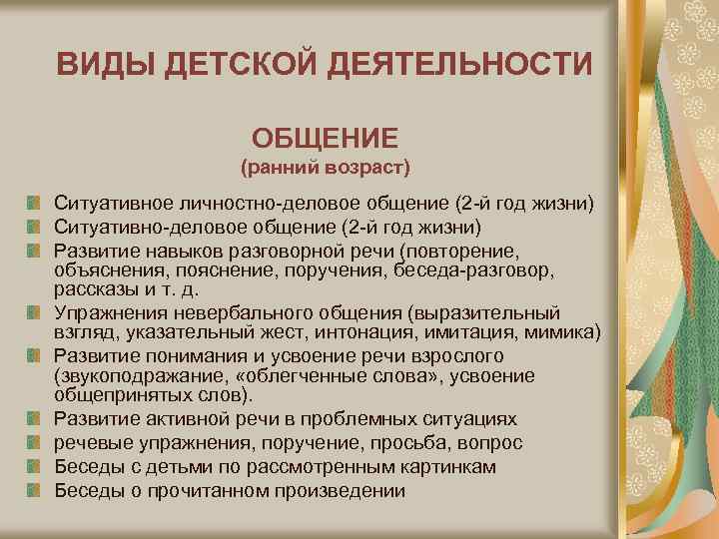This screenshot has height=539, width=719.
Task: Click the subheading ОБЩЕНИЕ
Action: [325, 136]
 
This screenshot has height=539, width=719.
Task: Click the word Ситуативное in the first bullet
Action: [112, 204]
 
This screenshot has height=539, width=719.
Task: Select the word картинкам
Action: [455, 466]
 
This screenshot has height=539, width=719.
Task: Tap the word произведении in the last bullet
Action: [339, 490]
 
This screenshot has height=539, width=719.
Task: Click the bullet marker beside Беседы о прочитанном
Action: [35, 489]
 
